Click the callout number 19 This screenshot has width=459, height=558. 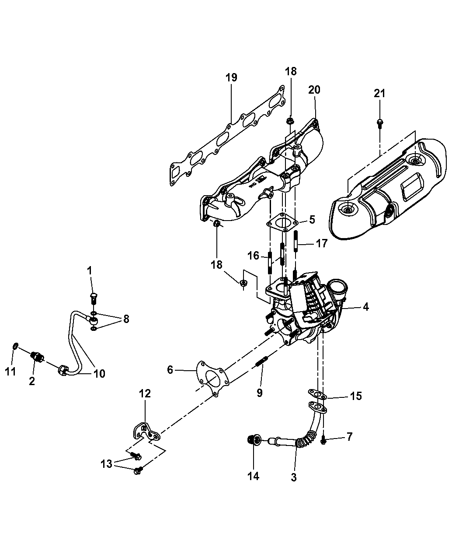point(231,77)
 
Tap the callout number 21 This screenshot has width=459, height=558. point(379,93)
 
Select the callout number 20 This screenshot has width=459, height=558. point(314,90)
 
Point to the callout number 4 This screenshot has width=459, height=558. point(365,307)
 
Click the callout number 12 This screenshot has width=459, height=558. point(145,393)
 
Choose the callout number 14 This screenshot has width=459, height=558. point(254,476)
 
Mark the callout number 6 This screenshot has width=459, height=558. point(170,370)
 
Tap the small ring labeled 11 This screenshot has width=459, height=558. point(15,346)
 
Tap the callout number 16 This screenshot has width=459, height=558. point(253,256)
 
